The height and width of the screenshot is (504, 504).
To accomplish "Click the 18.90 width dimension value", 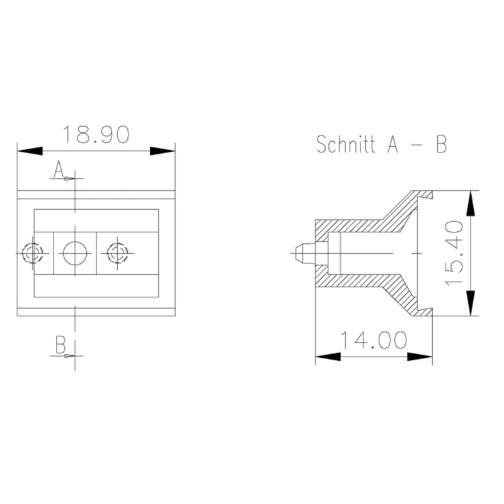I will click(96, 135).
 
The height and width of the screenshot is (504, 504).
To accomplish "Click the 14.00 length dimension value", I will click(374, 340).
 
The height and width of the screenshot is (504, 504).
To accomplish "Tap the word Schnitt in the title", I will click(344, 144).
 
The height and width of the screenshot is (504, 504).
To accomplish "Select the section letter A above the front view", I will click(59, 168).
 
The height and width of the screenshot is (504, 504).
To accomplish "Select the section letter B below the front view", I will click(60, 345).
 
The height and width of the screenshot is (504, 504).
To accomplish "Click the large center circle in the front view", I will click(75, 253).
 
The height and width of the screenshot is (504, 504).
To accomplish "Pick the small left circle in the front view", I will click(31, 253).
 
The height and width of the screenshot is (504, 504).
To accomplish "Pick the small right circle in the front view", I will click(117, 253).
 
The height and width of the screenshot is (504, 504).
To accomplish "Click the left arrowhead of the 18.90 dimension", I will click(29, 151).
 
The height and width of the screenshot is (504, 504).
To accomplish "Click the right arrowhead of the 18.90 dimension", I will click(162, 151).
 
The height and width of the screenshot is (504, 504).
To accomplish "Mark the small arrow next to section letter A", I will click(68, 178).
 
